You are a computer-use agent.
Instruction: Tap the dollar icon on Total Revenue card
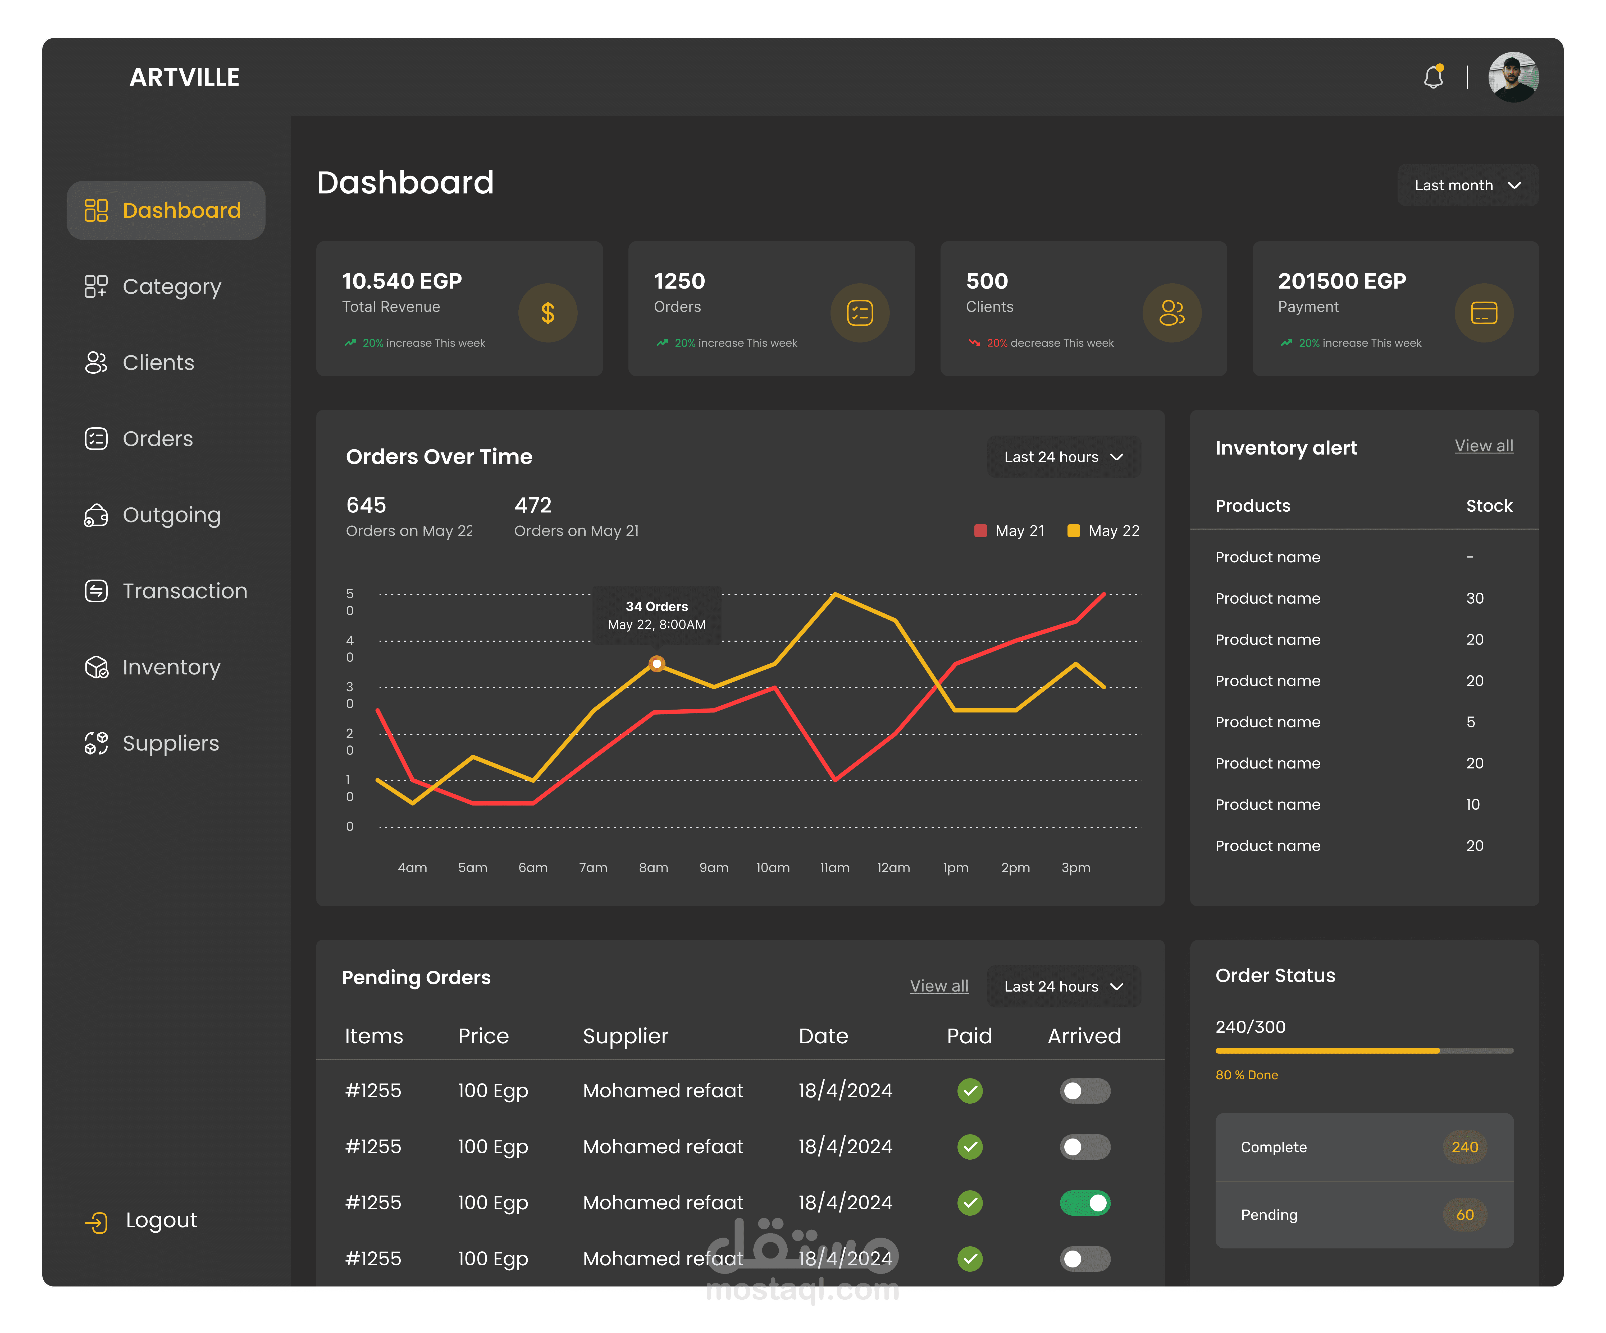click(547, 313)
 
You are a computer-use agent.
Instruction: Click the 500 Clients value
click(987, 281)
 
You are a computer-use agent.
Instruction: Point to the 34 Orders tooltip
click(656, 615)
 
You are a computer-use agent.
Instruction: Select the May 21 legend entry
click(1010, 530)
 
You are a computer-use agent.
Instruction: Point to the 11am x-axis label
click(834, 868)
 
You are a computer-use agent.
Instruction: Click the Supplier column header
click(625, 1036)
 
